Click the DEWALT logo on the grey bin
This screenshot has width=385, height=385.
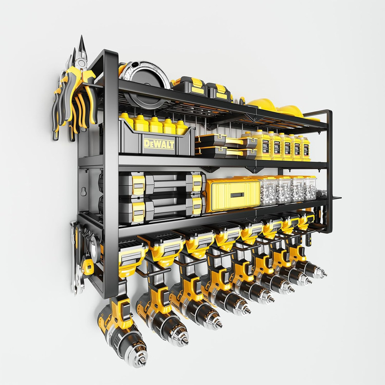[x=159, y=144]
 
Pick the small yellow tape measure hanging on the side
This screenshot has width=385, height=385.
[x=87, y=266]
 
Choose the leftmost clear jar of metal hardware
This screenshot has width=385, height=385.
[x=267, y=191]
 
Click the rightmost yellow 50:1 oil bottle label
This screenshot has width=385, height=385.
[x=306, y=148]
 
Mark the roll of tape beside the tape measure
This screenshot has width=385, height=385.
[x=94, y=246]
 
